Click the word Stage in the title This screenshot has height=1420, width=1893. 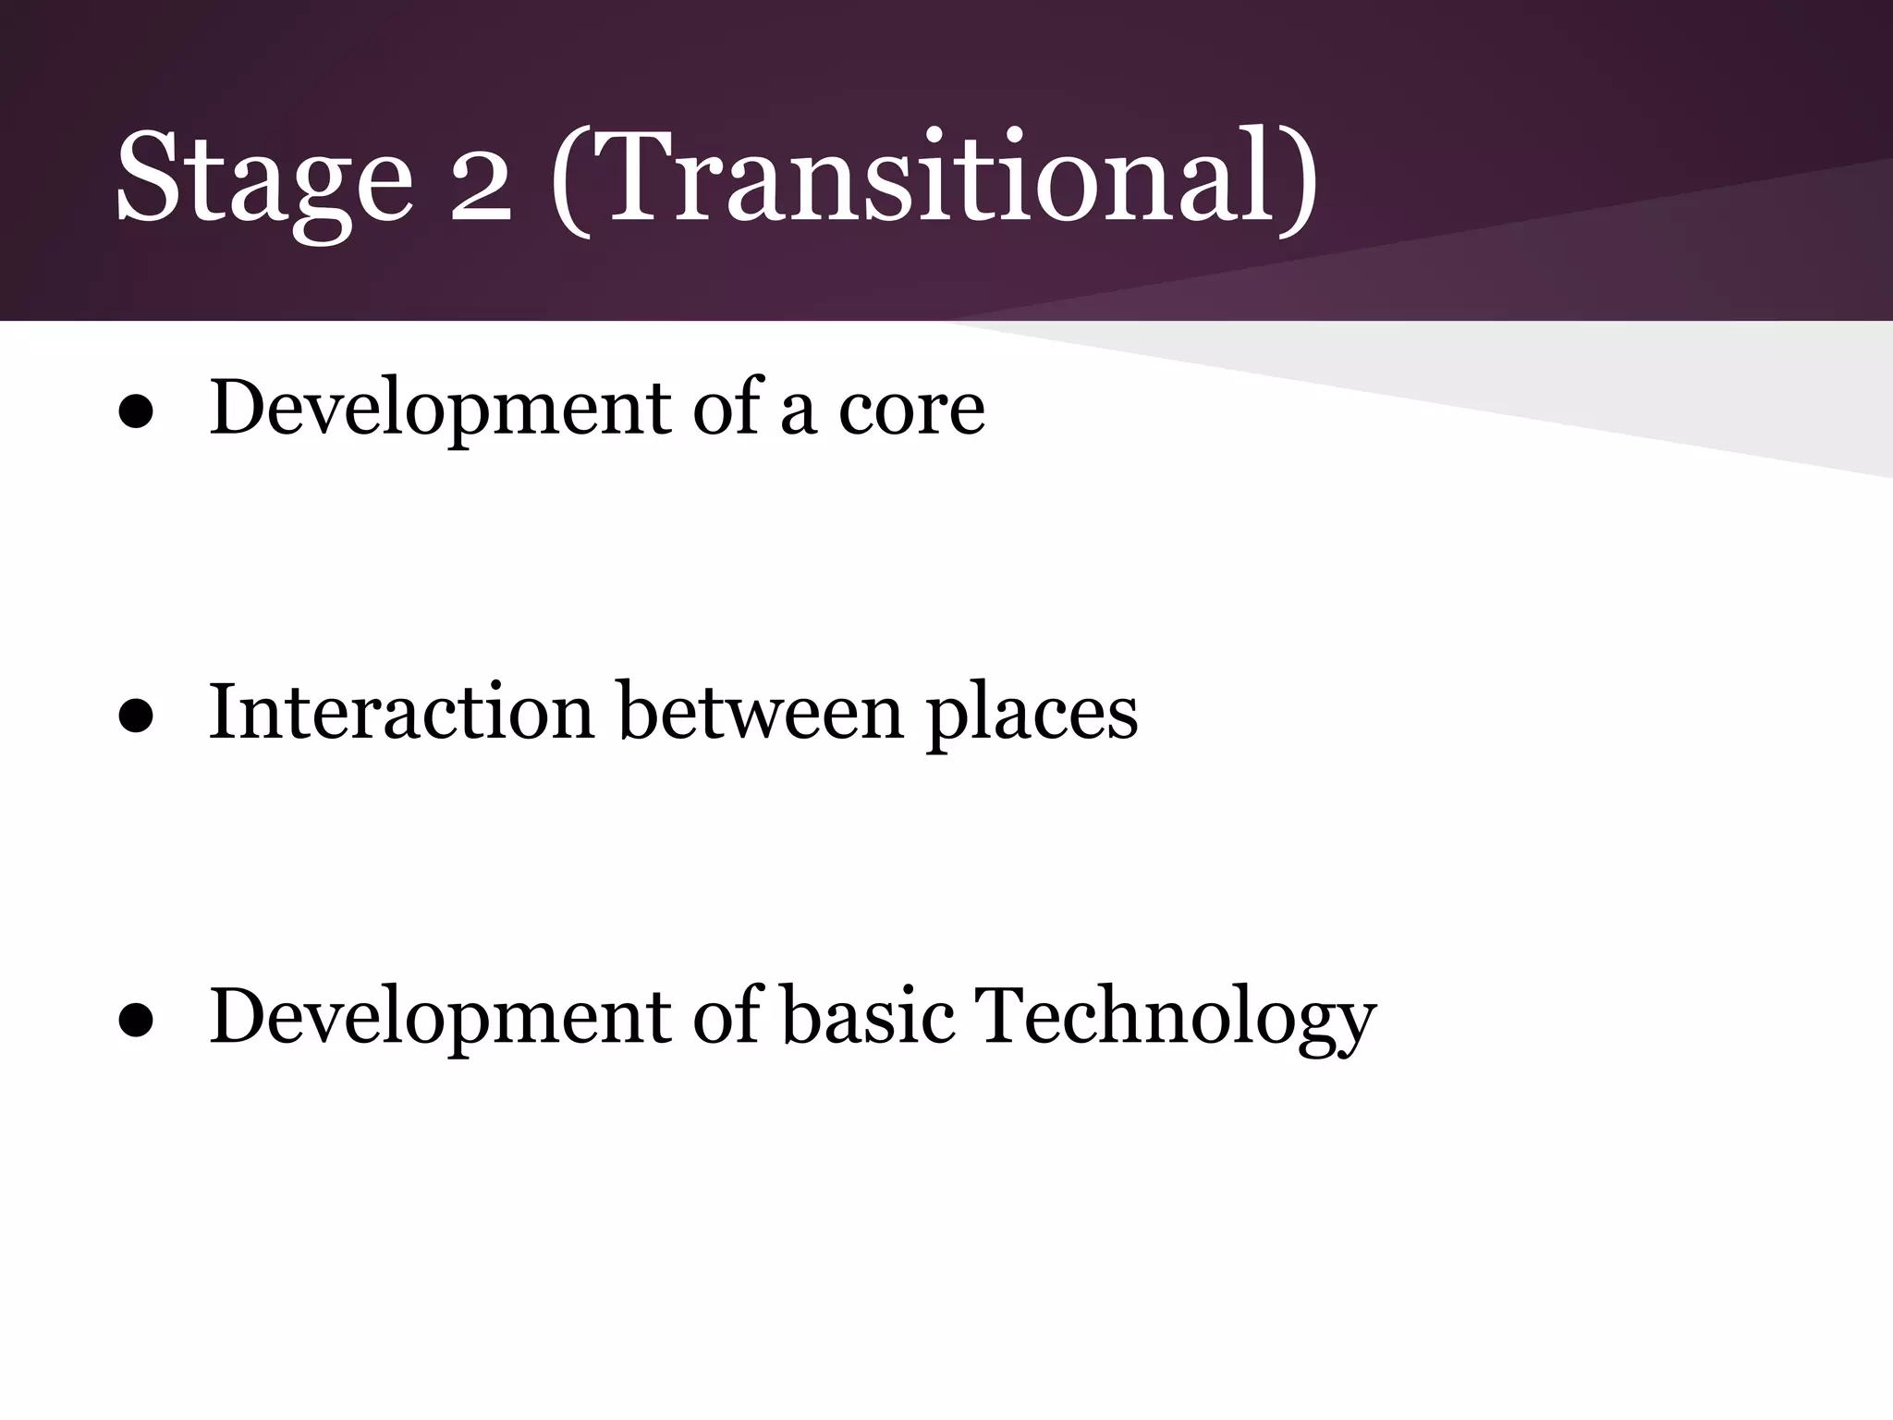point(263,180)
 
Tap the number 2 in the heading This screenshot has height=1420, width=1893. point(481,180)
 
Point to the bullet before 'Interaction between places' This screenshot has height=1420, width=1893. point(136,719)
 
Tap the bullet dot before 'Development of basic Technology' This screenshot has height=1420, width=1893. point(136,1023)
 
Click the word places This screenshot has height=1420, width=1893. point(1032,716)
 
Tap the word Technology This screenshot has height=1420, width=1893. point(1175,1019)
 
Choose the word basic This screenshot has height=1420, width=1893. point(868,1016)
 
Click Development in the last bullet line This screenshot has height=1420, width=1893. point(440,1016)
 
